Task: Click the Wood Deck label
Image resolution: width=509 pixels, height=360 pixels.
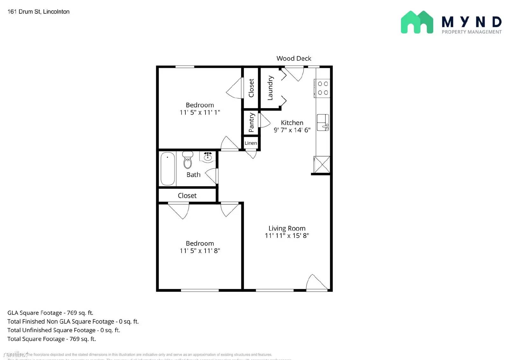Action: (294, 58)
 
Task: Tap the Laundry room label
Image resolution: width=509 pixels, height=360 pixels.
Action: (270, 88)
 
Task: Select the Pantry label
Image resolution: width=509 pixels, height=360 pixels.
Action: (251, 122)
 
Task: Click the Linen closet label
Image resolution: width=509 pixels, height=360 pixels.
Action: (251, 143)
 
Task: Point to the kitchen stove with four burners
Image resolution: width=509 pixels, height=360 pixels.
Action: (323, 88)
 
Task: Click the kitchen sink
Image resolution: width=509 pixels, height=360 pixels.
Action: (323, 122)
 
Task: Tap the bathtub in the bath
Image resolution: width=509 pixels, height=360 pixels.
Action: (167, 168)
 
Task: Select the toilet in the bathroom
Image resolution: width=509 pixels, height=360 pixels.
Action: (188, 160)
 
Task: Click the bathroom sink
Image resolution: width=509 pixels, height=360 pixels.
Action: (208, 157)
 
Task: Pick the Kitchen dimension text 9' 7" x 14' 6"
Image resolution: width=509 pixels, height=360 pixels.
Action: (292, 130)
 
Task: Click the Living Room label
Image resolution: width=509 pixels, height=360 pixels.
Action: (287, 228)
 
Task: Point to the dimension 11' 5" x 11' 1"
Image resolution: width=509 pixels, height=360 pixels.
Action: (200, 112)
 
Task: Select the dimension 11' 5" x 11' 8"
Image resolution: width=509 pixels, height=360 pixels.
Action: (200, 251)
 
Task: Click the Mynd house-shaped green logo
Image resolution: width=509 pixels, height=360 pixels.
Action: (417, 22)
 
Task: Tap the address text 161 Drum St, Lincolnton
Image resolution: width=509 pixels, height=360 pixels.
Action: (38, 12)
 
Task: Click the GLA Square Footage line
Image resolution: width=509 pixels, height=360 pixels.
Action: (50, 313)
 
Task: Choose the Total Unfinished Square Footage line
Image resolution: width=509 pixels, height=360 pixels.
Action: (64, 330)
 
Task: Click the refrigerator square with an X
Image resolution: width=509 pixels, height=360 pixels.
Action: (322, 165)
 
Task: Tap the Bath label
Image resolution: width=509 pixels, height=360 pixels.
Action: (193, 175)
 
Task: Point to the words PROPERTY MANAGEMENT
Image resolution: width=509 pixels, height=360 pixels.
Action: (471, 32)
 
